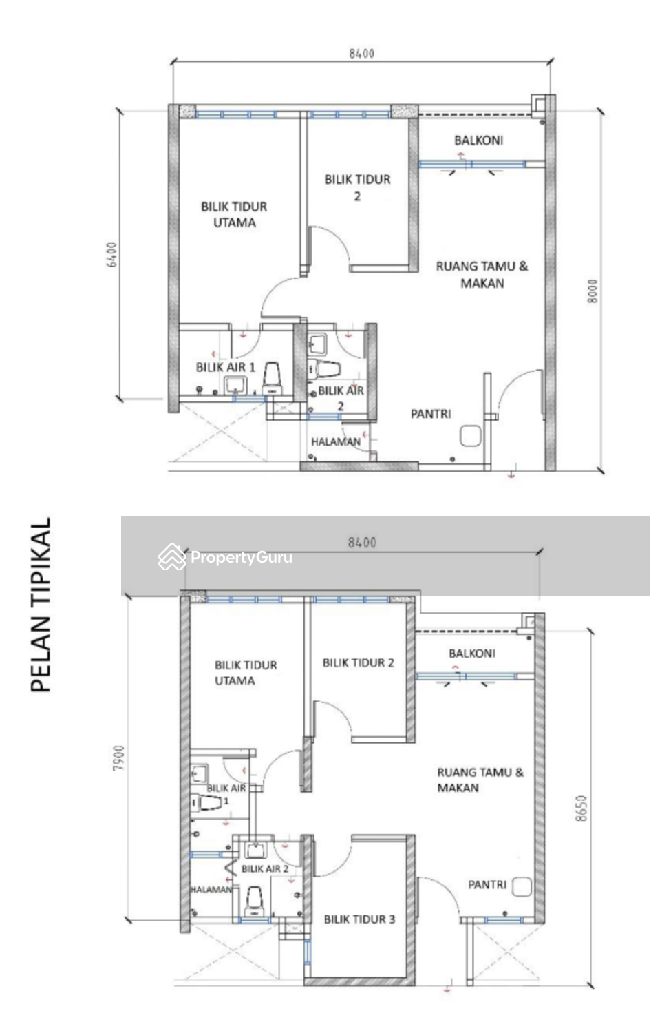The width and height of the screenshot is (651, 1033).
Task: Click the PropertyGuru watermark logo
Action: coord(226,557)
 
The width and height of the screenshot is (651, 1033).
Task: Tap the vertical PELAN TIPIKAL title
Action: coord(41,605)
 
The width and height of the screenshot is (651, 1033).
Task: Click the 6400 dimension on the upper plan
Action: coord(112,255)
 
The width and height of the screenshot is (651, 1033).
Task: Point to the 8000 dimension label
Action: coord(593,291)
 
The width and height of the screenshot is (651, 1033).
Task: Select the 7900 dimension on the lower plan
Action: coord(119,758)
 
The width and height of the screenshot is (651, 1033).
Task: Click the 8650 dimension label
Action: coord(581,808)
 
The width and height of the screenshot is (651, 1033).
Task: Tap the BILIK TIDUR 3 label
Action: coord(359,919)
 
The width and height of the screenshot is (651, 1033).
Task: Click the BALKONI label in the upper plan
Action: coord(478,140)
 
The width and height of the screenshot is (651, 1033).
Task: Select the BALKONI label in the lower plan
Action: coord(471,653)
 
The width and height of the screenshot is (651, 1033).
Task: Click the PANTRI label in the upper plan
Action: coord(431,414)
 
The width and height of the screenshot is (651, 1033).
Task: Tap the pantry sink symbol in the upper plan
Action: coord(470,436)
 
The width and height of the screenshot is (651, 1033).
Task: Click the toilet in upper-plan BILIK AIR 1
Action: coord(273,379)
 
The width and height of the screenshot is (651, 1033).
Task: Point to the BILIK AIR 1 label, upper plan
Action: coord(225,367)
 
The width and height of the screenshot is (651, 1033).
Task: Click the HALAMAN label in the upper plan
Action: coord(335,441)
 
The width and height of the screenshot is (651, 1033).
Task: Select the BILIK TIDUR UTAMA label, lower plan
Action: coord(245,673)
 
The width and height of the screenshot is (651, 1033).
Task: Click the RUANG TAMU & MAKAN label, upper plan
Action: coord(482,274)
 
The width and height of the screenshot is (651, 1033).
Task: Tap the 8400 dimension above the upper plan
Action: coord(361,53)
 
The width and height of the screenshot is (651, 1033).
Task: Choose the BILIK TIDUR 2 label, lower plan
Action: coord(358,662)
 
